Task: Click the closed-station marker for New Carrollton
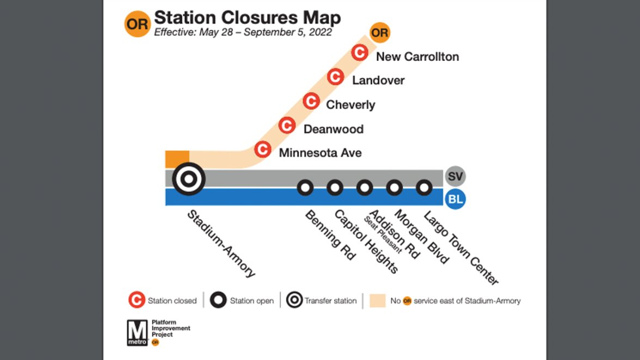coord(359,53)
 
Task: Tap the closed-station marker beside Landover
coord(335,77)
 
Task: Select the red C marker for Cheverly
coord(311,101)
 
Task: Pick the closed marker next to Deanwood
coord(287,126)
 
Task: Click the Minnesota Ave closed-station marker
coord(263,149)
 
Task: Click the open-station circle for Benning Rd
coord(305,188)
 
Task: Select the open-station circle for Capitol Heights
coord(334,188)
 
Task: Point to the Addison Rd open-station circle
coord(364,188)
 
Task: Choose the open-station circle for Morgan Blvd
coord(394,188)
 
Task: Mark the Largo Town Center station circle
coord(423,188)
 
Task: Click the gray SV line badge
coord(455,176)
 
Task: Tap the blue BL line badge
coord(455,199)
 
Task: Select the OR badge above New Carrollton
coord(380,33)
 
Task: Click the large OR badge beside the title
coord(137,24)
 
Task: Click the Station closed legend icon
coord(137,300)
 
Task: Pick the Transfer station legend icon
coord(295,300)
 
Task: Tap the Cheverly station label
coord(350,105)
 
